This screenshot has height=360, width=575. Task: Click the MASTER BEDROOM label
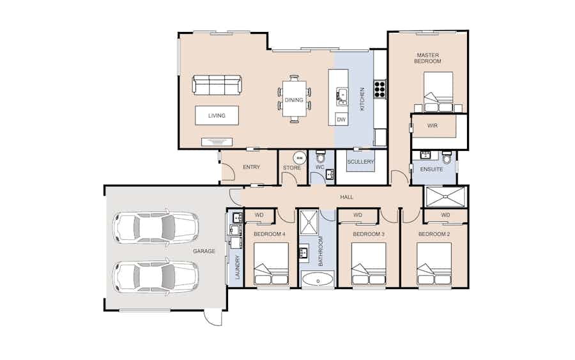(427, 58)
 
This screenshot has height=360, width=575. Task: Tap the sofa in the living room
(217, 85)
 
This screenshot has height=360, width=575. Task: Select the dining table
(294, 99)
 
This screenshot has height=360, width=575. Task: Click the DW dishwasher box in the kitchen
(341, 120)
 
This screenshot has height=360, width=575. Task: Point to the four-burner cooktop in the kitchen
(379, 89)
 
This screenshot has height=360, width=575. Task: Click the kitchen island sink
(342, 96)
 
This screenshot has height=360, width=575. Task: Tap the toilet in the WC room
(321, 157)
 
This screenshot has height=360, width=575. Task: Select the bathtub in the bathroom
(318, 279)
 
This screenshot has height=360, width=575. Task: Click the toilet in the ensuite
(447, 157)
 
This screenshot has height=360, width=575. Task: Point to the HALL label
(346, 197)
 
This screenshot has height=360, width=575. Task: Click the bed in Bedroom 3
(369, 263)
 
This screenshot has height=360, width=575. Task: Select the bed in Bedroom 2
(434, 263)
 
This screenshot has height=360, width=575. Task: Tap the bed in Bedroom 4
(271, 263)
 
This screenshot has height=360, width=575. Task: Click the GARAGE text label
(204, 251)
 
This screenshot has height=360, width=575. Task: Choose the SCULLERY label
(360, 162)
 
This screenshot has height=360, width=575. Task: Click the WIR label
(433, 125)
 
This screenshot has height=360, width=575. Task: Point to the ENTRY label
(251, 167)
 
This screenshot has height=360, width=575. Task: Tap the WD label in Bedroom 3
(358, 215)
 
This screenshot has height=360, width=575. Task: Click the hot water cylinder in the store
(300, 158)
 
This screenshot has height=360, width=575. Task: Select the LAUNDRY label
(237, 267)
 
